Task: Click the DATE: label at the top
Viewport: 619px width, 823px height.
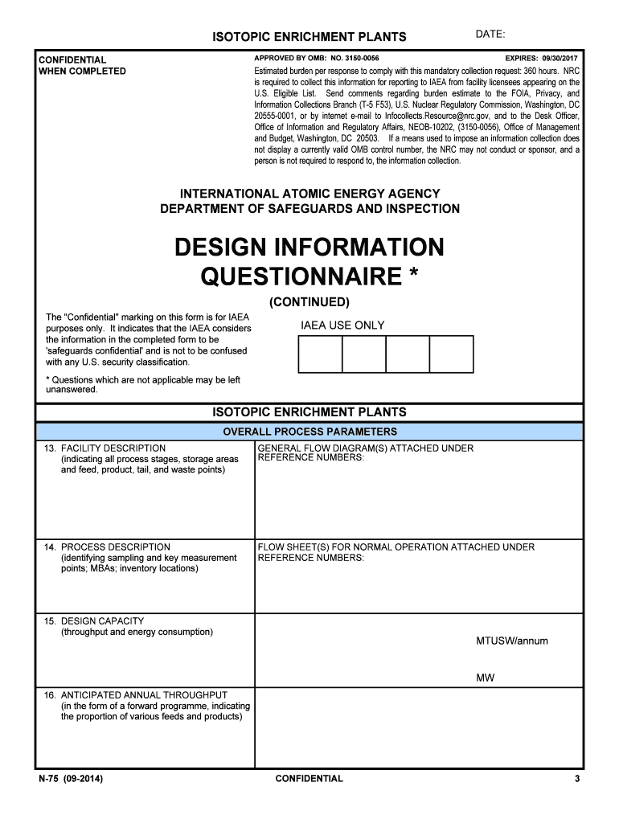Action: coord(490,35)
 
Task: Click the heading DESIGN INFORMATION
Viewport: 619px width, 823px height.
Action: coord(309,247)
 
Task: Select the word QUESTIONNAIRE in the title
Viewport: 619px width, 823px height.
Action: coord(300,277)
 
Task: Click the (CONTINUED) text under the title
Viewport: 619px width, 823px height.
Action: coord(309,302)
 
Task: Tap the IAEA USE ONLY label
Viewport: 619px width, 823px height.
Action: coord(342,326)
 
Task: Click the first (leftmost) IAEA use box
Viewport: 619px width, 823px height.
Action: coord(320,354)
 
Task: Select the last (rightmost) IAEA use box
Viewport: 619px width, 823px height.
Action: coord(451,354)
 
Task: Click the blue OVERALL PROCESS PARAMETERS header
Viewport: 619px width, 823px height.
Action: coord(309,432)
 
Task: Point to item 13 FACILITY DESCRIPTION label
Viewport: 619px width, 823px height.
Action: coord(113,448)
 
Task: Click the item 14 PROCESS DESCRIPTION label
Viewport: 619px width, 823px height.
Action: coord(115,547)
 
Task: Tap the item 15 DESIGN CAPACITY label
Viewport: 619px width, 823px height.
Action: coord(102,621)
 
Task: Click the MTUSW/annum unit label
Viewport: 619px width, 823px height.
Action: coord(512,641)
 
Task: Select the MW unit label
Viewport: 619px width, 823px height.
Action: coord(485,678)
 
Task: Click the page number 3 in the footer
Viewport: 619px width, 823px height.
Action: coord(577,779)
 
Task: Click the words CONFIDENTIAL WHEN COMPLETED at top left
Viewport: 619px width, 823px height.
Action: coord(82,65)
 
